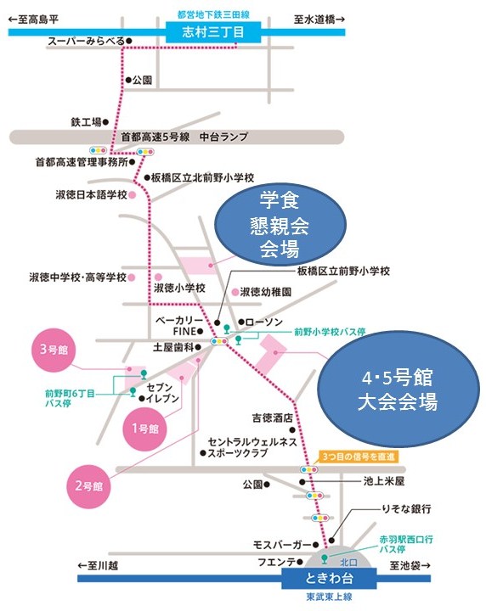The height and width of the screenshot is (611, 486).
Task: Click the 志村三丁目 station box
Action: click(213, 32)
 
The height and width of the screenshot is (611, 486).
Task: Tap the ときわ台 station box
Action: click(329, 578)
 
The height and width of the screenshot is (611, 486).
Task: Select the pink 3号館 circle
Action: click(54, 349)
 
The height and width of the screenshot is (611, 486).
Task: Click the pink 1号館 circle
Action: click(145, 429)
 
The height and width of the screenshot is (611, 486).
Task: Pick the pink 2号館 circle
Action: click(89, 486)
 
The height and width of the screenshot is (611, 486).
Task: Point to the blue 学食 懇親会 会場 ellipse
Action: click(280, 225)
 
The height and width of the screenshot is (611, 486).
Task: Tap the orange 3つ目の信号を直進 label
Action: click(359, 457)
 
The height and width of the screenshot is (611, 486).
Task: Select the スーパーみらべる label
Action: click(87, 41)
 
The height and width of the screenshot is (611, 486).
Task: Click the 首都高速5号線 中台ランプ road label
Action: click(184, 137)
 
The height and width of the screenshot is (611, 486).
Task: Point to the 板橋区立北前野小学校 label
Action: click(202, 178)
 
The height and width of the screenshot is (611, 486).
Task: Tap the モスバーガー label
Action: click(282, 545)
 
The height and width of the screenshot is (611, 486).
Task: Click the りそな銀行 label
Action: click(406, 509)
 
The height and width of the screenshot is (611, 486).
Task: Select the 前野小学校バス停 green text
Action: click(330, 332)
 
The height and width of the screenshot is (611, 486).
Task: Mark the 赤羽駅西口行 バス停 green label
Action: click(406, 544)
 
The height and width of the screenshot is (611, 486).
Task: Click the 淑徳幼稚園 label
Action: click(266, 292)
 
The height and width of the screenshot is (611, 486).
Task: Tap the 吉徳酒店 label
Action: click(272, 418)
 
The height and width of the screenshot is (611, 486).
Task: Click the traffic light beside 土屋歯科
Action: click(219, 341)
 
